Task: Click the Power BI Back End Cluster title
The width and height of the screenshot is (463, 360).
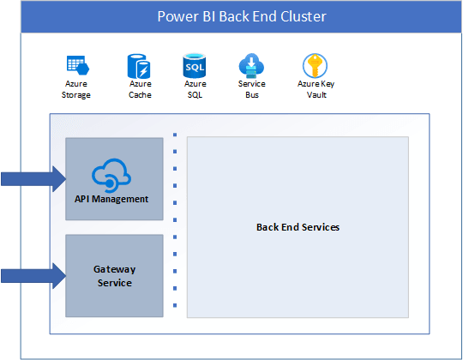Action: pos(242,16)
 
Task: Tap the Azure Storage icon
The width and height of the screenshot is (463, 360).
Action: pos(78,65)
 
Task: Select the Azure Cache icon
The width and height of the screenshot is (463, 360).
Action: pos(139,66)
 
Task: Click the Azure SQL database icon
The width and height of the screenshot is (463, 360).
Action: pos(195,65)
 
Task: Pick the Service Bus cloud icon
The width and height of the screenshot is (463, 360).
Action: pos(251,66)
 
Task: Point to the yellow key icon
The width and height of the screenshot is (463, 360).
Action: pos(315,65)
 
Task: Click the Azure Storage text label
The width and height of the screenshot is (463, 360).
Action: pos(76,89)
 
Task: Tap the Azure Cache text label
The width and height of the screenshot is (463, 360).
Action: pos(140,89)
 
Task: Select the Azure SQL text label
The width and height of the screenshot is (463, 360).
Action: pos(195,89)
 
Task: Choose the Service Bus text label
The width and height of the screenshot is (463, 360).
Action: pos(252,89)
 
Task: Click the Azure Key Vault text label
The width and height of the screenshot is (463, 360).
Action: pos(316,89)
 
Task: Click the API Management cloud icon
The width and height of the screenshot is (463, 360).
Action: pos(111,175)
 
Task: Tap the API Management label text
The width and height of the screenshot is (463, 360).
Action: pos(111,199)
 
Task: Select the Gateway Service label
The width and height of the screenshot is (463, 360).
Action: pos(115,276)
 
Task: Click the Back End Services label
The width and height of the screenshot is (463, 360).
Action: pos(298,227)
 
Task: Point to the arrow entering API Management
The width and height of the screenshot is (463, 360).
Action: pos(33,179)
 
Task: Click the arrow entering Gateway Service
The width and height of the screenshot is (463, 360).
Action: pos(33,276)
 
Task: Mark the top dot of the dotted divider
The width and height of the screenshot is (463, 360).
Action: pos(175,135)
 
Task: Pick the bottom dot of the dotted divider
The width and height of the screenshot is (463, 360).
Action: pos(175,305)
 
